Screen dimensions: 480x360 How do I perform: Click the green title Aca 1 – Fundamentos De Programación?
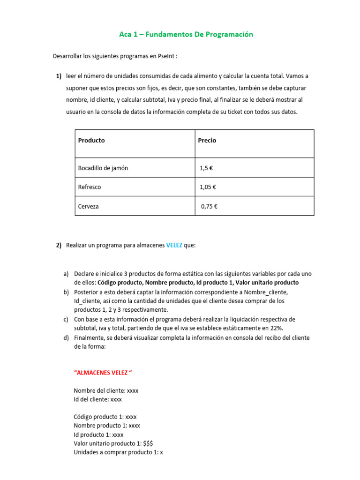(x=186, y=34)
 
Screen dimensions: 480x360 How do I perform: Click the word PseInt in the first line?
(x=167, y=56)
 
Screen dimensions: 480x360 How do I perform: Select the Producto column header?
(x=91, y=140)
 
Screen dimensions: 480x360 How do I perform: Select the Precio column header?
(x=207, y=140)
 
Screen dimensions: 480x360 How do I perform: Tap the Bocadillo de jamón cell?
(x=103, y=168)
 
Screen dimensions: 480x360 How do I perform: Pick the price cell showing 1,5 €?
(x=207, y=168)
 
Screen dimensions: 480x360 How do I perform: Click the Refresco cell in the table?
(x=90, y=187)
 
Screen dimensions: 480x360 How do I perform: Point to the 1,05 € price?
(x=208, y=187)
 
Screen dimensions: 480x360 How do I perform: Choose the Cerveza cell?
(x=89, y=206)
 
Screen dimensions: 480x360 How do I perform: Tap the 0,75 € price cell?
(x=210, y=206)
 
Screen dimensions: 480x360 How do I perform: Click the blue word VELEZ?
(x=174, y=245)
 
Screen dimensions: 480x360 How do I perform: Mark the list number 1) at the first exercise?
(x=59, y=76)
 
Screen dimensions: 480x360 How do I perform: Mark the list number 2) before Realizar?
(x=59, y=245)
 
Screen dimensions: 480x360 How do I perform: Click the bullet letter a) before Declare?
(x=66, y=273)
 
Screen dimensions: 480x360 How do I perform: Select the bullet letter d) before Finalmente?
(x=66, y=337)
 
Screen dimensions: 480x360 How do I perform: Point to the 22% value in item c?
(x=277, y=328)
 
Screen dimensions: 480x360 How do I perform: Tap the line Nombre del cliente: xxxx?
(x=106, y=390)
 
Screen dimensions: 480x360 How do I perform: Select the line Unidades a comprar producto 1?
(x=118, y=452)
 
